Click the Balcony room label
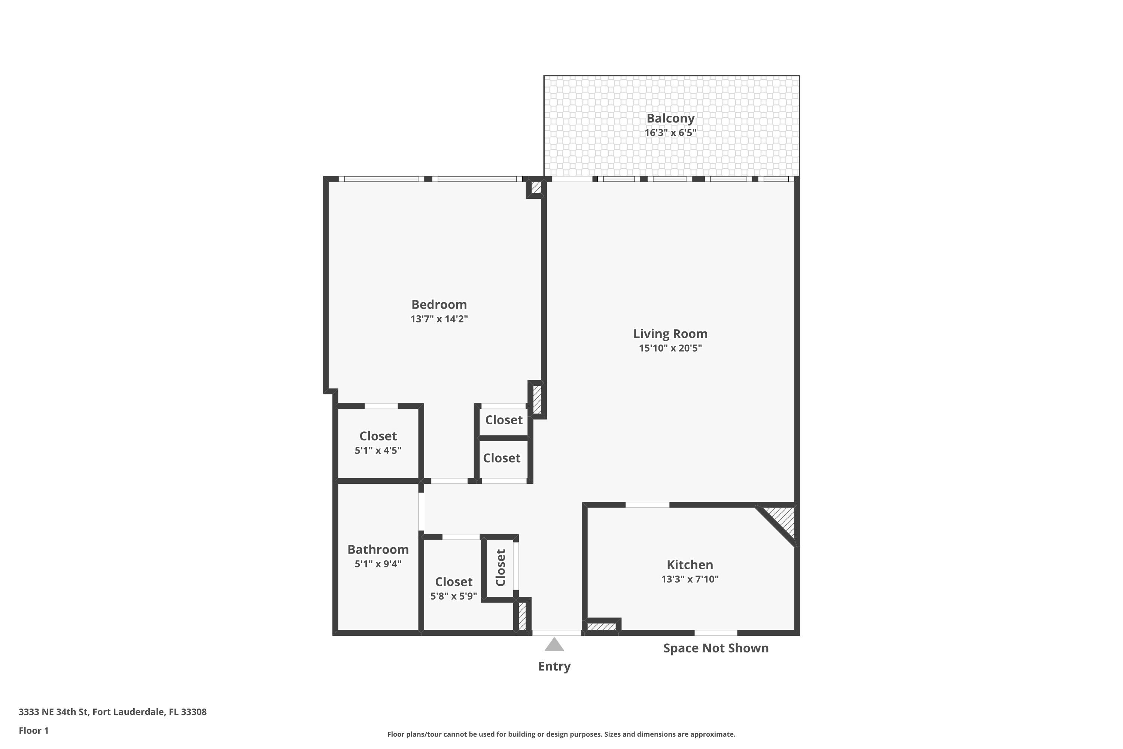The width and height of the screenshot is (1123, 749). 670,118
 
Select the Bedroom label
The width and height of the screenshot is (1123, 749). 439,304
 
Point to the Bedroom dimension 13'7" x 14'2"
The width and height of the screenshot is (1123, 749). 439,319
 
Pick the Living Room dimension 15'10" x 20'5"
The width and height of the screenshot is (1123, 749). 670,348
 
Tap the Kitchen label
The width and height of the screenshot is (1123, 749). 690,565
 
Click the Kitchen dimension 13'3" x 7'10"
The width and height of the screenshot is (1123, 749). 690,579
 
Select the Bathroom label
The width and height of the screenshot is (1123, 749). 378,549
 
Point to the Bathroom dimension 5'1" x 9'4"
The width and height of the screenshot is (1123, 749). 378,564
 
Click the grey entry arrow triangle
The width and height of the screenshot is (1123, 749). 554,645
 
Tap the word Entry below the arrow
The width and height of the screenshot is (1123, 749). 554,666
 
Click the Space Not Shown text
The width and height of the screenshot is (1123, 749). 716,648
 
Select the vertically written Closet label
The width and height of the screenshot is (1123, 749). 500,567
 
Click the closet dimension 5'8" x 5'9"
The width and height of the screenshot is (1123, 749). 454,596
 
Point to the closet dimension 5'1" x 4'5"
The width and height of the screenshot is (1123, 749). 378,451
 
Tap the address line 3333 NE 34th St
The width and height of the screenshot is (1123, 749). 113,712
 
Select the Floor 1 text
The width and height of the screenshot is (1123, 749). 33,730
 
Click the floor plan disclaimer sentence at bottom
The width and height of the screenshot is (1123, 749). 561,734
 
